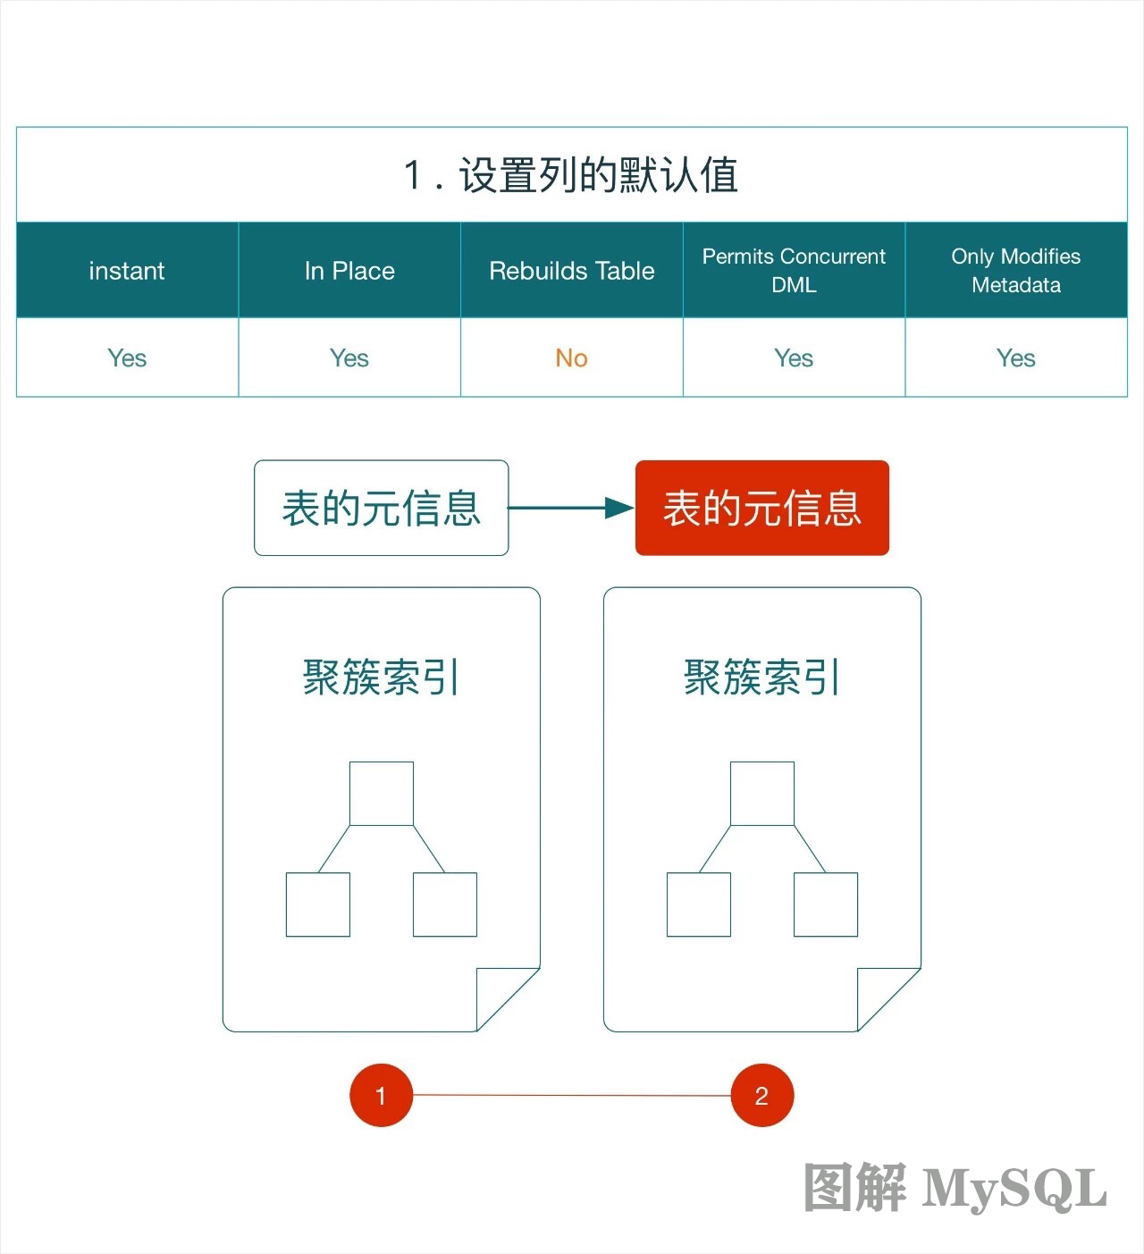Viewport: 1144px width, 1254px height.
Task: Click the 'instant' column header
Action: (127, 271)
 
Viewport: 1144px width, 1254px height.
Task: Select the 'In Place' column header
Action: (349, 271)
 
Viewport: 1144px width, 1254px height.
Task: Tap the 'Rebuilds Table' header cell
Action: (571, 271)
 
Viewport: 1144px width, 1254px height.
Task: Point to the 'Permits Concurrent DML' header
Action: (794, 271)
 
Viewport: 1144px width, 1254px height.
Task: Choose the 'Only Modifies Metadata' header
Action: (1016, 271)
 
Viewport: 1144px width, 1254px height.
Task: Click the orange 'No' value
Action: (571, 358)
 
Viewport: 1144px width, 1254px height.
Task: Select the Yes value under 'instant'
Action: (127, 358)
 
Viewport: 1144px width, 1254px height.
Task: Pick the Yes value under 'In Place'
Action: (349, 358)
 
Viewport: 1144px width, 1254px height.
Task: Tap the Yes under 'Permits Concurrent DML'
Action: (794, 358)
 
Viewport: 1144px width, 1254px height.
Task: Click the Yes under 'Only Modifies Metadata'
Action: (1016, 358)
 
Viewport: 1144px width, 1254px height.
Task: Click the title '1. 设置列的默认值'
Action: (571, 174)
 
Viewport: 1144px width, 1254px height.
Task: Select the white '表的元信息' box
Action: (382, 508)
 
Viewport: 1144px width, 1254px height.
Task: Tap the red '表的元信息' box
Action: (762, 508)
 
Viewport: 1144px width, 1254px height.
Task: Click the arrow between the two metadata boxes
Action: (571, 508)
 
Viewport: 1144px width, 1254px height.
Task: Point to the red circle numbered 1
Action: (382, 1095)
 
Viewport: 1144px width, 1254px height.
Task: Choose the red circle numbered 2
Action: (762, 1095)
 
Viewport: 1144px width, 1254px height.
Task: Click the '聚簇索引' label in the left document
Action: (382, 677)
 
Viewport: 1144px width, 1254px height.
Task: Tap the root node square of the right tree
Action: (762, 794)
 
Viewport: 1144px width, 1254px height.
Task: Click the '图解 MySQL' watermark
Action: (955, 1188)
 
